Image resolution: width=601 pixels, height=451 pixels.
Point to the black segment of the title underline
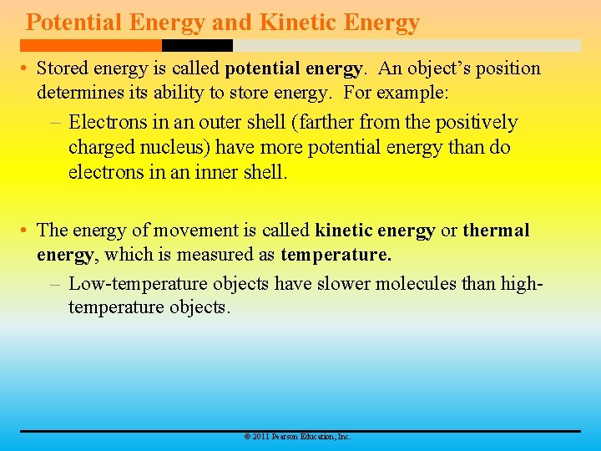197,46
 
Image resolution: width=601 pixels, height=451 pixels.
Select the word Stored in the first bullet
63,68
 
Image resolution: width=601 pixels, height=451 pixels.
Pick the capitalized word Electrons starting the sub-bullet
109,123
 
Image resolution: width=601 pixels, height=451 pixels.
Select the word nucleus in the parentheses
177,148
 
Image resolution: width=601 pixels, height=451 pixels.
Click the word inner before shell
208,173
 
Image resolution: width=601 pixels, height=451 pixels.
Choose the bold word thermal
496,231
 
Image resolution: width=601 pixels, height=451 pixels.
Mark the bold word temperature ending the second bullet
336,254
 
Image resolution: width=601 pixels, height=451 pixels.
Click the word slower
342,284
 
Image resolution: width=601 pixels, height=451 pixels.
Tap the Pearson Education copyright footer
296,437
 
